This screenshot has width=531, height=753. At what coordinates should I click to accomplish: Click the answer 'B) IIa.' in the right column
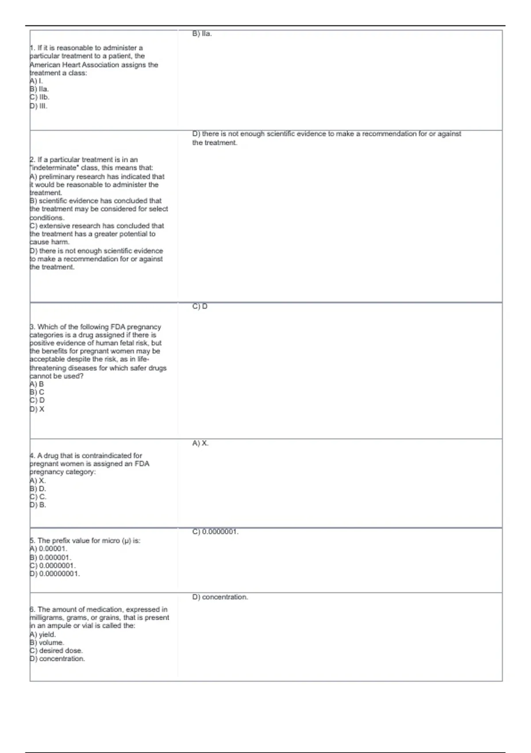pyautogui.click(x=202, y=34)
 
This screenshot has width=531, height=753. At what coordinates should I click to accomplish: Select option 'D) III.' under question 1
pyautogui.click(x=38, y=106)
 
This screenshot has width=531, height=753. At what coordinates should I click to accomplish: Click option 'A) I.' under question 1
pyautogui.click(x=36, y=81)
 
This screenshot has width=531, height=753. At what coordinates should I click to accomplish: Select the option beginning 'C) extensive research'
pyautogui.click(x=96, y=226)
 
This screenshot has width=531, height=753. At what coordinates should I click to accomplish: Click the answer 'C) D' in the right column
pyautogui.click(x=200, y=307)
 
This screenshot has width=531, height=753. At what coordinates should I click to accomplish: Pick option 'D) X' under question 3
pyautogui.click(x=37, y=409)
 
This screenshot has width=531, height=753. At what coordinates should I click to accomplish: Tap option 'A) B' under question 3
pyautogui.click(x=37, y=384)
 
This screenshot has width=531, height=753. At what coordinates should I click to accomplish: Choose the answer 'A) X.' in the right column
pyautogui.click(x=200, y=443)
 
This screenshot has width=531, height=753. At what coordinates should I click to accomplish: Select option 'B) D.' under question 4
pyautogui.click(x=38, y=489)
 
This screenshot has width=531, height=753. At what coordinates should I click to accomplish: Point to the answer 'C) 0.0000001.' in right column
pyautogui.click(x=215, y=532)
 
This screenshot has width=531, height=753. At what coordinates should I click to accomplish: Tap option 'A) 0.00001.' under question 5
pyautogui.click(x=48, y=548)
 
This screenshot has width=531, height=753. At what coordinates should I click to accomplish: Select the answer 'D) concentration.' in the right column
pyautogui.click(x=220, y=597)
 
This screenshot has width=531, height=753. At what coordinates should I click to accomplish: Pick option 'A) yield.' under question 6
pyautogui.click(x=43, y=634)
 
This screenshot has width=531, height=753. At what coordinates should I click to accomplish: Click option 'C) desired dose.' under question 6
pyautogui.click(x=56, y=651)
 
